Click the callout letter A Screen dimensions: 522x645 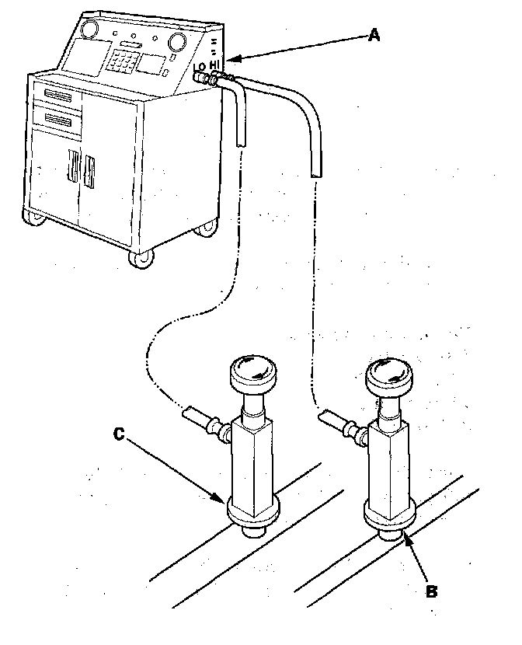374,35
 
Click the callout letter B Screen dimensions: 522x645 432,591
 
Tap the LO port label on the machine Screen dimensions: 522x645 200,68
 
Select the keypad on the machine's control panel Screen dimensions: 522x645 125,61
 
